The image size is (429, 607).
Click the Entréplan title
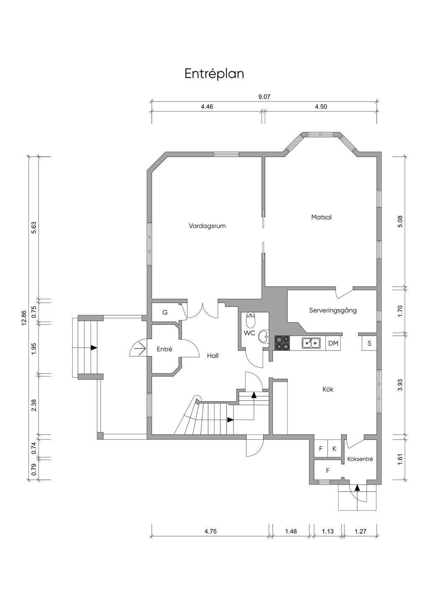tap(214, 74)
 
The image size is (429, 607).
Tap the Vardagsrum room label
tap(207, 226)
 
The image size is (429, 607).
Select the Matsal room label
tap(321, 217)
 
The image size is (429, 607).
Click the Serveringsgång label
tap(333, 311)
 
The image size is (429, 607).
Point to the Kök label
tap(328, 389)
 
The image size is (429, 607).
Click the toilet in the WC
tap(251, 320)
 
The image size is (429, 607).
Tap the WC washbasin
tap(263, 337)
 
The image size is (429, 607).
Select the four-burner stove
tap(282, 343)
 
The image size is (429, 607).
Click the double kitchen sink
tap(311, 343)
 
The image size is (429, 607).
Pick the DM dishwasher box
tap(333, 343)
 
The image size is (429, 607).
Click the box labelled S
tap(369, 343)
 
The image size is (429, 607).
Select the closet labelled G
tap(165, 312)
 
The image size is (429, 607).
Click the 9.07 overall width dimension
tap(264, 97)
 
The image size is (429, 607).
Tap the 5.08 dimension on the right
tap(400, 221)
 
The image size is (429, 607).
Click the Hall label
tap(212, 356)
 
